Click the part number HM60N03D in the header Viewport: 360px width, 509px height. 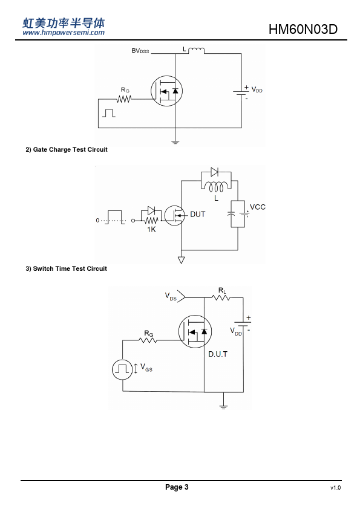click(303, 29)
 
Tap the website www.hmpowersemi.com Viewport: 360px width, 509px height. click(64, 33)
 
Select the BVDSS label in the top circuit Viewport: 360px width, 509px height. click(140, 51)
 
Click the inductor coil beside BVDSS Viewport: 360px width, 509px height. click(196, 50)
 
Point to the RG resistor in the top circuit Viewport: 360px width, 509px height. click(124, 99)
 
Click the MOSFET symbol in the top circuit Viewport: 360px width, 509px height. click(166, 91)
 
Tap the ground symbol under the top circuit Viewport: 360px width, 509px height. click(175, 142)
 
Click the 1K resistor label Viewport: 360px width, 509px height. click(151, 230)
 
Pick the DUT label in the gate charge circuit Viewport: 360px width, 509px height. click(197, 214)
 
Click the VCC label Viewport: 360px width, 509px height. click(258, 207)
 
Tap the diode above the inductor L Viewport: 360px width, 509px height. click(214, 172)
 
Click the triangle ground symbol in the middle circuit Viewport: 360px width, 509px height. click(182, 260)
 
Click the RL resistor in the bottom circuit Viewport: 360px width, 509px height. click(221, 297)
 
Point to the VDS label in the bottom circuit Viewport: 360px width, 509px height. click(171, 296)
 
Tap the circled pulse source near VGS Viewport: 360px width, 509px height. click(122, 370)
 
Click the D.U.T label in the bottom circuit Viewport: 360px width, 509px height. click(218, 354)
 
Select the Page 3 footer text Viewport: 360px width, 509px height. click(177, 487)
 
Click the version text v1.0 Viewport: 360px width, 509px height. click(336, 488)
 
